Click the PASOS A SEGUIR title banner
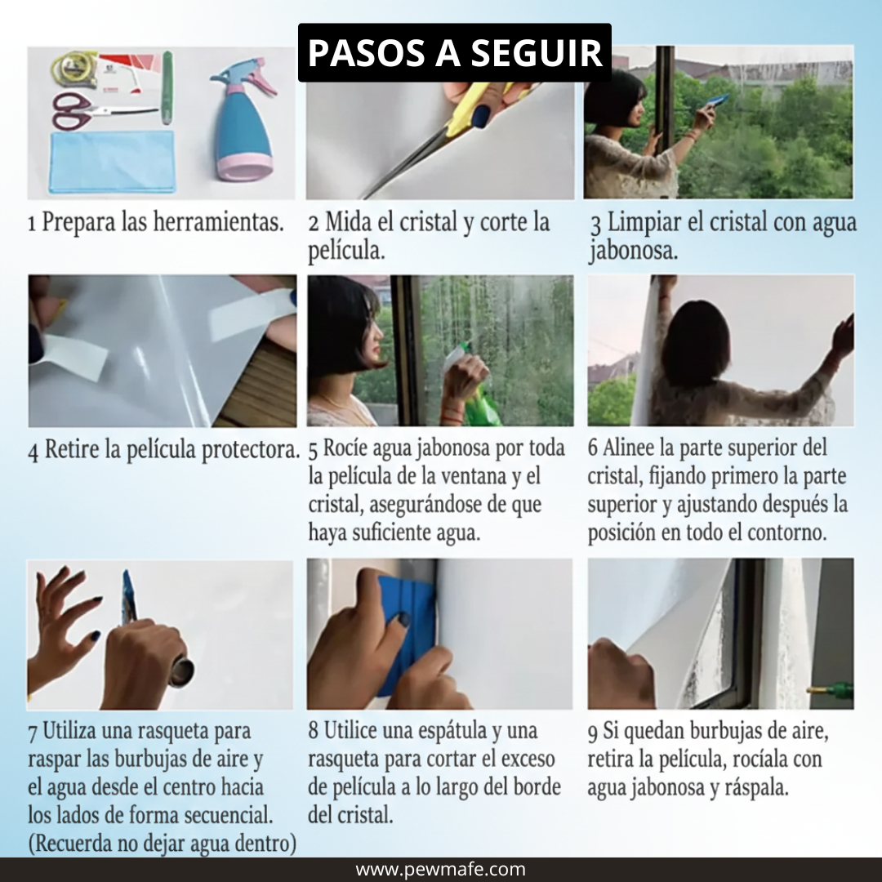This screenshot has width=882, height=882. (454, 52)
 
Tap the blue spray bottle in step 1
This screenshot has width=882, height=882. (242, 122)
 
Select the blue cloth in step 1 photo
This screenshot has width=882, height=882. (112, 162)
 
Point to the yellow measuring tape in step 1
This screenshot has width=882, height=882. (73, 69)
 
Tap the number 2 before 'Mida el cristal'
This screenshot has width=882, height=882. (314, 224)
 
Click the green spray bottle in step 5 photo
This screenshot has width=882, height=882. (482, 405)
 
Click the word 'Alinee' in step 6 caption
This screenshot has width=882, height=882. (630, 448)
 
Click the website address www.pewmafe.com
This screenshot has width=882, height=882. (441, 870)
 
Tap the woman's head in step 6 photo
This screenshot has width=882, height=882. (695, 343)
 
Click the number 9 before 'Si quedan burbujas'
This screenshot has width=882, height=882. (593, 733)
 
